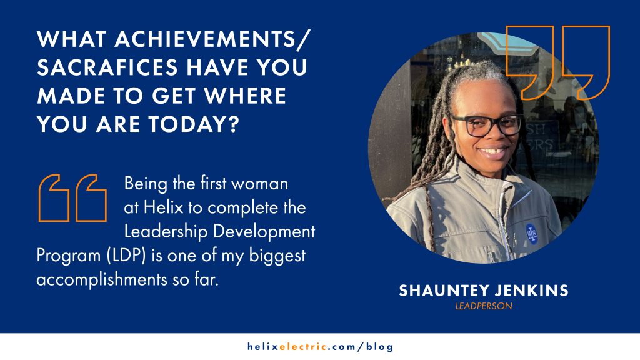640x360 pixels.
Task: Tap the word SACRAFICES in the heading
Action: pyautogui.click(x=107, y=67)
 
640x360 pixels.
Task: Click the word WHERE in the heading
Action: pyautogui.click(x=245, y=96)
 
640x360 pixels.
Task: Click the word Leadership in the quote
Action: pyautogui.click(x=166, y=232)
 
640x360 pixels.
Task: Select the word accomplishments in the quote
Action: pyautogui.click(x=102, y=280)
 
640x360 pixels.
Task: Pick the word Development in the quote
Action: pyautogui.click(x=264, y=232)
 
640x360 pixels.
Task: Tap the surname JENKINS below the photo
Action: pyautogui.click(x=531, y=291)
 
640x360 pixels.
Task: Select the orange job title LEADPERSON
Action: pyautogui.click(x=484, y=306)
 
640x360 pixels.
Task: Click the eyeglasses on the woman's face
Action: pyautogui.click(x=486, y=125)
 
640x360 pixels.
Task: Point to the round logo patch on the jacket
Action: pyautogui.click(x=531, y=234)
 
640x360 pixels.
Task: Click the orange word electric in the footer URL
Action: pyautogui.click(x=303, y=347)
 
